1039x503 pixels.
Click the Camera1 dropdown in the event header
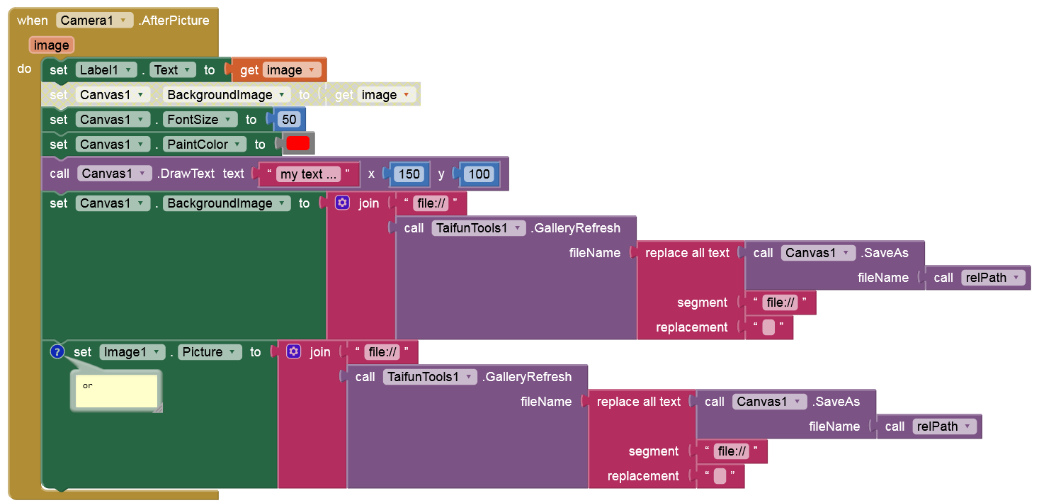click(94, 21)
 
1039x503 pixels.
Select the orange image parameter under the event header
click(52, 45)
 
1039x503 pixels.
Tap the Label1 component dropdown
click(106, 70)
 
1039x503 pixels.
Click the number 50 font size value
click(288, 120)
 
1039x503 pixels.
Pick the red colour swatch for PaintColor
click(298, 144)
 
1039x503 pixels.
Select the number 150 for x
click(409, 174)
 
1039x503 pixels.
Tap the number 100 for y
click(479, 174)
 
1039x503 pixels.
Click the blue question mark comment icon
click(57, 351)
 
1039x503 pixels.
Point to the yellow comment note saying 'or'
click(116, 391)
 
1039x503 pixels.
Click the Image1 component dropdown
click(132, 352)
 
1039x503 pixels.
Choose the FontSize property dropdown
click(200, 120)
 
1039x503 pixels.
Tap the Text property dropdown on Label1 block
click(172, 70)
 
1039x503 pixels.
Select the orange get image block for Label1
click(280, 70)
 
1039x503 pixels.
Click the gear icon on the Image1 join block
click(294, 351)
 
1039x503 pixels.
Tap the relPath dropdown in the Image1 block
click(945, 426)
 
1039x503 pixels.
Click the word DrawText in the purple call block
click(188, 174)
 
